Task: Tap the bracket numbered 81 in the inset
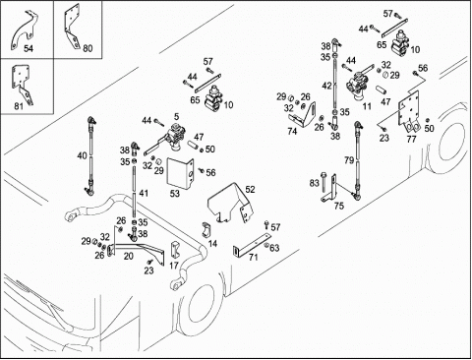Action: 22,83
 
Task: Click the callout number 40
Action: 82,155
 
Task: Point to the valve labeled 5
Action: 175,137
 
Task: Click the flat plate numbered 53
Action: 180,174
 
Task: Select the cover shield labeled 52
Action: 231,204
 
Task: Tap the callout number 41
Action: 144,193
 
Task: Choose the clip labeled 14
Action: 206,229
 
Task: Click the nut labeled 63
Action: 266,246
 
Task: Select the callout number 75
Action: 339,206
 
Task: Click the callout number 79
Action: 349,160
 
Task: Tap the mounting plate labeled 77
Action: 408,111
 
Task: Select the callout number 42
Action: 326,86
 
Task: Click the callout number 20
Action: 129,256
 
